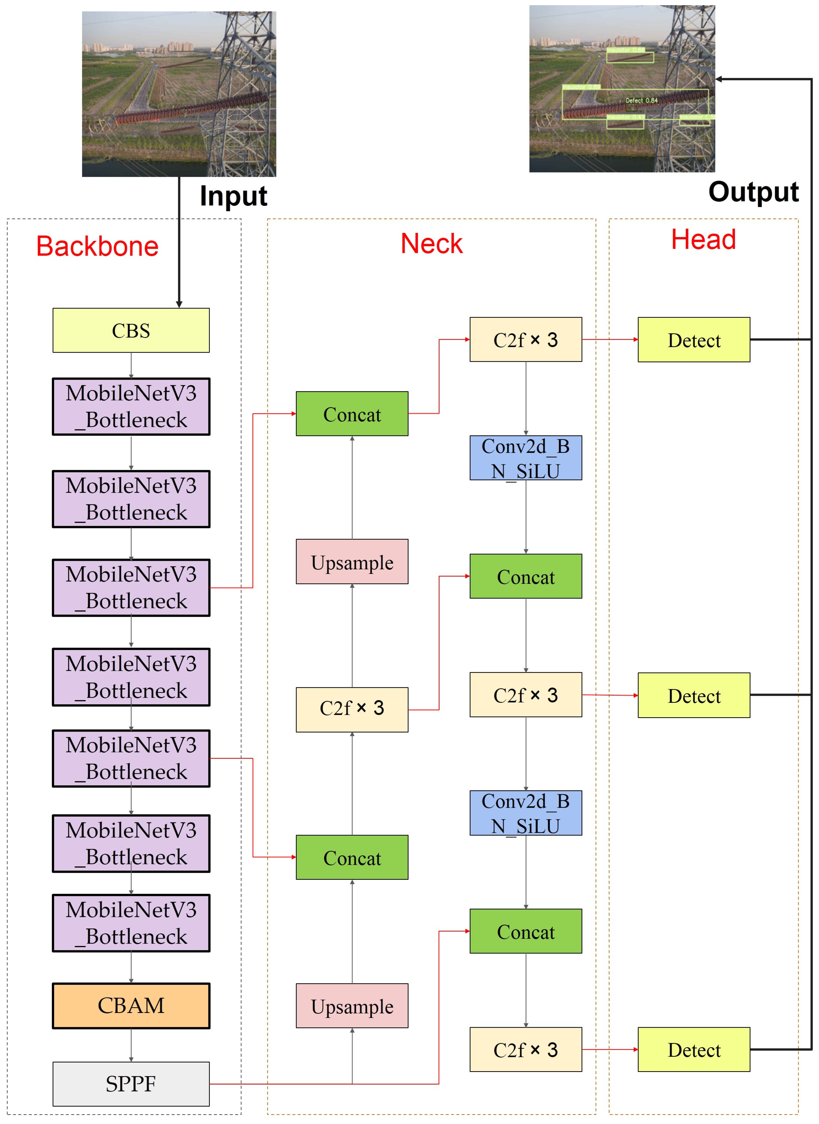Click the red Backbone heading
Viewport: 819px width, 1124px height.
[x=97, y=246]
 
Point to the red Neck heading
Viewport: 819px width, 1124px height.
[x=431, y=243]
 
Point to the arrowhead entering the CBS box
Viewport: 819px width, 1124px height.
[x=179, y=304]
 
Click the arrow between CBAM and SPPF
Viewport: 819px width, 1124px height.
[x=131, y=1045]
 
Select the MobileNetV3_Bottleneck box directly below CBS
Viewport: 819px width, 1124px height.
[x=131, y=406]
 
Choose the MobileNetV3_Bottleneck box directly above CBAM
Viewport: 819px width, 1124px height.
[x=131, y=923]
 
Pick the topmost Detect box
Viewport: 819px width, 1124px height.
[x=693, y=340]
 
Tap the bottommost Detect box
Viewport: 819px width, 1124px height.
[x=693, y=1049]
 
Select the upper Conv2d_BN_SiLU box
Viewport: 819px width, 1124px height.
[x=525, y=458]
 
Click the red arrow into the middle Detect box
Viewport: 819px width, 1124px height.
[x=610, y=695]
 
